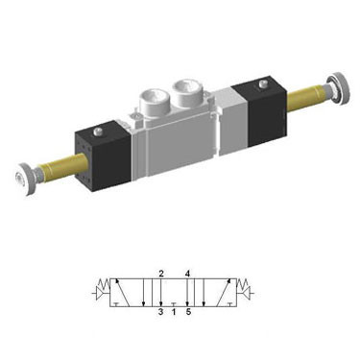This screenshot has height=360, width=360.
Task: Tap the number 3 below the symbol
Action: coord(160,311)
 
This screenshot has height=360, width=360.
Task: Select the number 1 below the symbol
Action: coord(174,311)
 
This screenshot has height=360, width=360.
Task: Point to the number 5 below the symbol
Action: coord(188,311)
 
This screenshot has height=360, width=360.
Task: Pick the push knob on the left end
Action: coord(20,177)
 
